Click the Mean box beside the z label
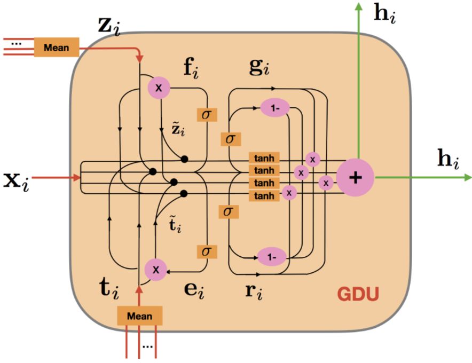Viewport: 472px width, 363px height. click(x=56, y=47)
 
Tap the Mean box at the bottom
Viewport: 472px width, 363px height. click(x=139, y=316)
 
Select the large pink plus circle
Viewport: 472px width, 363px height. click(x=355, y=177)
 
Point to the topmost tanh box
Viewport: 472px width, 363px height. click(x=264, y=159)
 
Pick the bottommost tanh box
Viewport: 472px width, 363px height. click(x=264, y=196)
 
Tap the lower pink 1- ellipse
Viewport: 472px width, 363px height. click(x=272, y=257)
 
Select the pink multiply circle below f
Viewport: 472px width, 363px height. click(x=159, y=86)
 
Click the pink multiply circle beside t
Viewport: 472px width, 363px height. click(x=156, y=270)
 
